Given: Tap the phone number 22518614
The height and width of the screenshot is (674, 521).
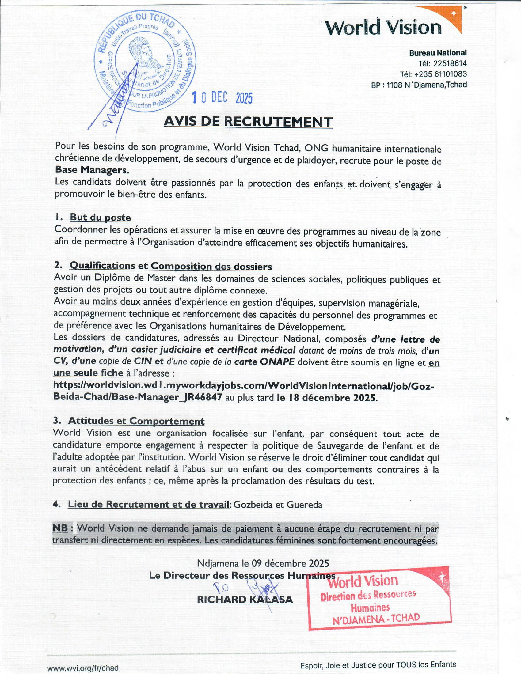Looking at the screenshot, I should pyautogui.click(x=450, y=64).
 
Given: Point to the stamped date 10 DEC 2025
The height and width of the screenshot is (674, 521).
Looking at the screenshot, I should pyautogui.click(x=222, y=98).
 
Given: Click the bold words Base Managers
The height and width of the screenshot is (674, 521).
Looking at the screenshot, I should pyautogui.click(x=92, y=170).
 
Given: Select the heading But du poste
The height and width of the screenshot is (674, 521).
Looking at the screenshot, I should pyautogui.click(x=100, y=217).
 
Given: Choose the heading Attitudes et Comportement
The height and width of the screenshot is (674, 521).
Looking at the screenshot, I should pyautogui.click(x=136, y=421).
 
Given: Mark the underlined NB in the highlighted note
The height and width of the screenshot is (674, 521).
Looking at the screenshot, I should pyautogui.click(x=60, y=528).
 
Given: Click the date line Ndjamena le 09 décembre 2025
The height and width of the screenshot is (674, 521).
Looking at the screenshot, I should pyautogui.click(x=263, y=563).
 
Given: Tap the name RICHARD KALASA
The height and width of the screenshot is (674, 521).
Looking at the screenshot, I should pyautogui.click(x=245, y=600).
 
